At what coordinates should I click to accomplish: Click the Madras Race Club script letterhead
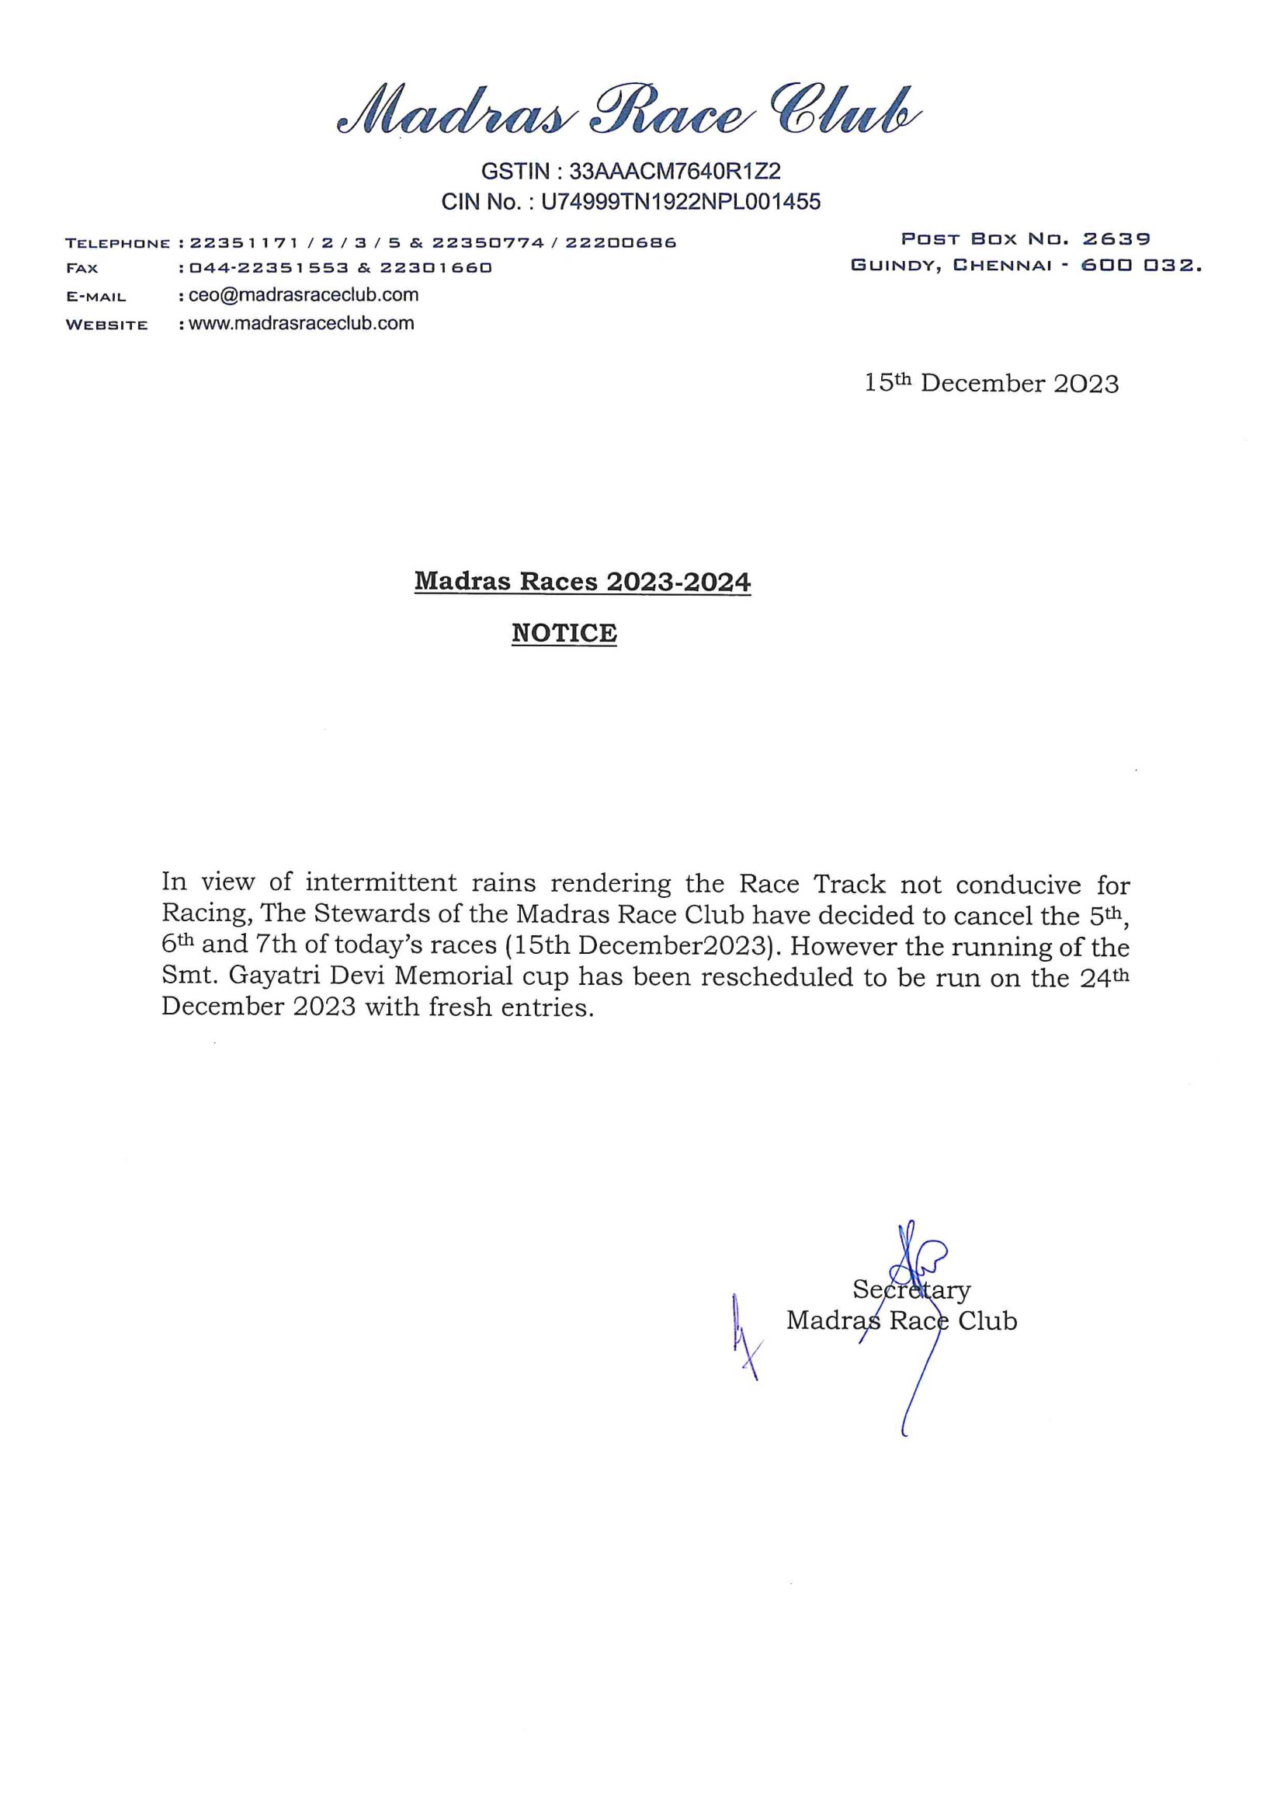(x=630, y=111)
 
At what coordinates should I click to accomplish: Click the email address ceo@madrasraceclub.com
(x=304, y=295)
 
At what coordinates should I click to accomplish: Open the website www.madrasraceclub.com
(x=301, y=322)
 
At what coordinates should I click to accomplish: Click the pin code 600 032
(x=1141, y=266)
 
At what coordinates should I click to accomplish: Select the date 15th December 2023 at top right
(x=991, y=384)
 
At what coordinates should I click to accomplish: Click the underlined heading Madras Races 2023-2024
(x=583, y=582)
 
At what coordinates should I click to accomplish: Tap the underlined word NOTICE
(x=564, y=633)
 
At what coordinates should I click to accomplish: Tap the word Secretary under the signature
(x=911, y=1290)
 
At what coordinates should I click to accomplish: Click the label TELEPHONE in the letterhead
(x=118, y=243)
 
